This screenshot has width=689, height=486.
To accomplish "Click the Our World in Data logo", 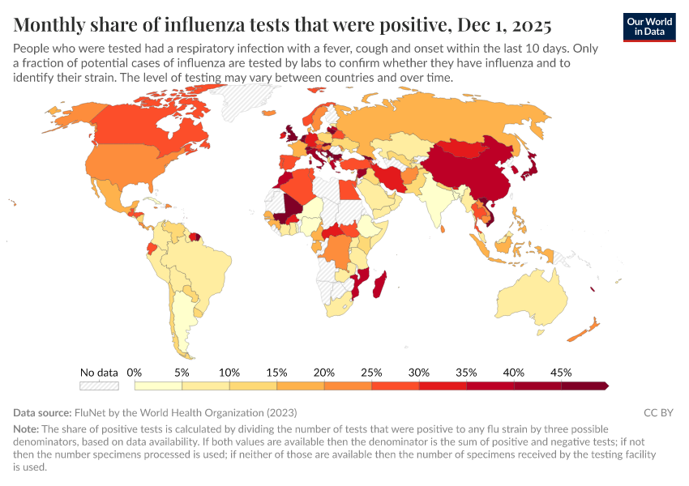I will point(649,27).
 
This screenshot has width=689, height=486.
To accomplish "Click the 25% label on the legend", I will point(371,373).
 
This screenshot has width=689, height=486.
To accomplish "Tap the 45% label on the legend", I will point(561,373).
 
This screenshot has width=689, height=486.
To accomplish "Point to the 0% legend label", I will point(135,373).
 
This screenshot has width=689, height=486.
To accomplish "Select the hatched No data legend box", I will point(99,386).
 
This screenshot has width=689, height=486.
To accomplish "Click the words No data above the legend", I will point(99,373).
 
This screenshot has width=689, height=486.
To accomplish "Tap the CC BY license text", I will point(658,412).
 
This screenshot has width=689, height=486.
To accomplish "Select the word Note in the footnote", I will point(27,428).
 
